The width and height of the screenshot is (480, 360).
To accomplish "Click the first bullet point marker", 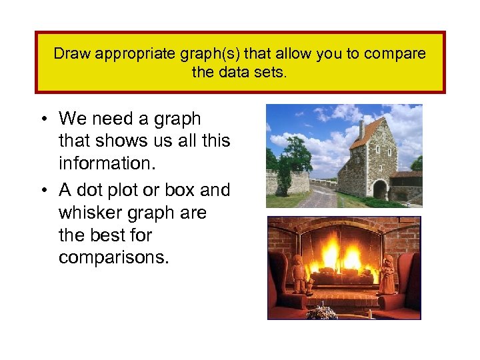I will pos(42,119).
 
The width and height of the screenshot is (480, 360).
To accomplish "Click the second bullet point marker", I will pos(42,191).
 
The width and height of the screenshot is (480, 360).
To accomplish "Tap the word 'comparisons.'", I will pos(114,258).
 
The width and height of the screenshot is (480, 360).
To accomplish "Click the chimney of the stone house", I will pos(361,129).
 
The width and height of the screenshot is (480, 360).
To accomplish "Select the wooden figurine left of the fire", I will pos(298,273).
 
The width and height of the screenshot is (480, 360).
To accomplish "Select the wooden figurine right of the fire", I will pos(387,274).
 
